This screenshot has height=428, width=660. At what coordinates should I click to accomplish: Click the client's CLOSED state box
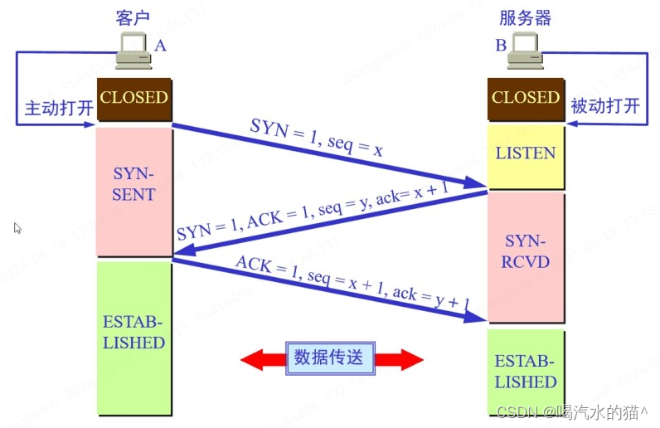[x=133, y=98]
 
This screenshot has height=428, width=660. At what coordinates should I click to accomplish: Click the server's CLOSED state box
[x=525, y=98]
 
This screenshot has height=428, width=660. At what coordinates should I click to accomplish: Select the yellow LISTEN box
[x=525, y=153]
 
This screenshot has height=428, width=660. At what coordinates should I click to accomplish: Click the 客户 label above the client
[x=133, y=17]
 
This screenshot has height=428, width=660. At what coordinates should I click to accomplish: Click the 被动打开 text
[x=605, y=106]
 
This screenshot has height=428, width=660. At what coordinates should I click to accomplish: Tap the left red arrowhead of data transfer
[x=252, y=359]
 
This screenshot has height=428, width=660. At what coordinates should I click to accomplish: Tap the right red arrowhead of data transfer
[x=410, y=359]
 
